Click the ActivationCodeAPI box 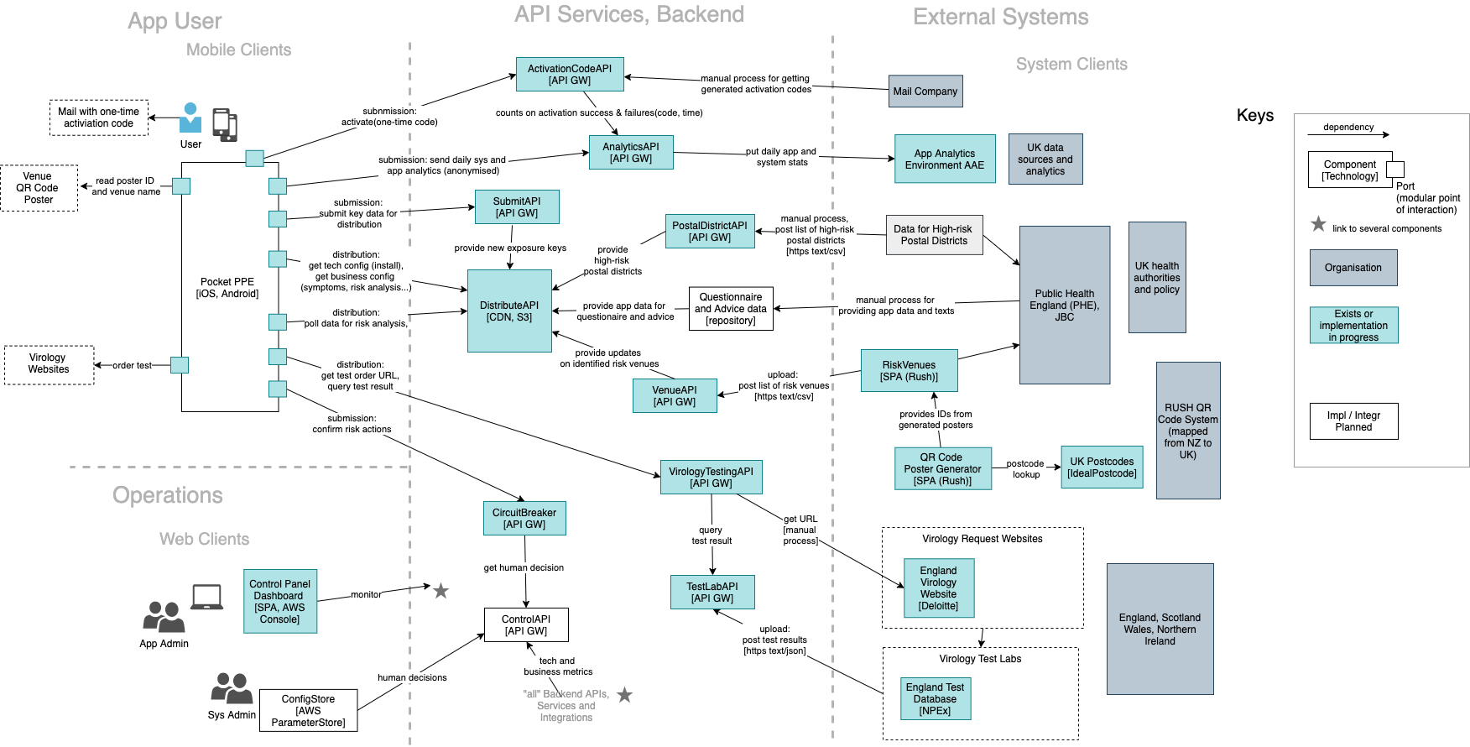(x=570, y=75)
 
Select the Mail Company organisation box (x=925, y=91)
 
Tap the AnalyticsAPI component (x=631, y=153)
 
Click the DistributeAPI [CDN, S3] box (x=509, y=311)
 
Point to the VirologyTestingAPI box (x=711, y=478)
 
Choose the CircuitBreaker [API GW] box (x=524, y=519)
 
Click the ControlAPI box (x=526, y=625)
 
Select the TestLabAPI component (x=712, y=593)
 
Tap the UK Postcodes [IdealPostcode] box (x=1102, y=468)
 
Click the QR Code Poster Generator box (x=942, y=469)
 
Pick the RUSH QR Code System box (x=1188, y=431)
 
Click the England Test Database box (x=935, y=699)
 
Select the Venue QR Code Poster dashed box (x=39, y=188)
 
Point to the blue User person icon (x=190, y=118)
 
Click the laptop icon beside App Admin (x=206, y=598)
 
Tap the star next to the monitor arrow (x=440, y=591)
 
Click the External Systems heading (x=1000, y=18)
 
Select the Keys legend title (x=1254, y=116)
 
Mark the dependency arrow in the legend (x=1348, y=134)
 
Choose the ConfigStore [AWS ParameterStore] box (x=308, y=711)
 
